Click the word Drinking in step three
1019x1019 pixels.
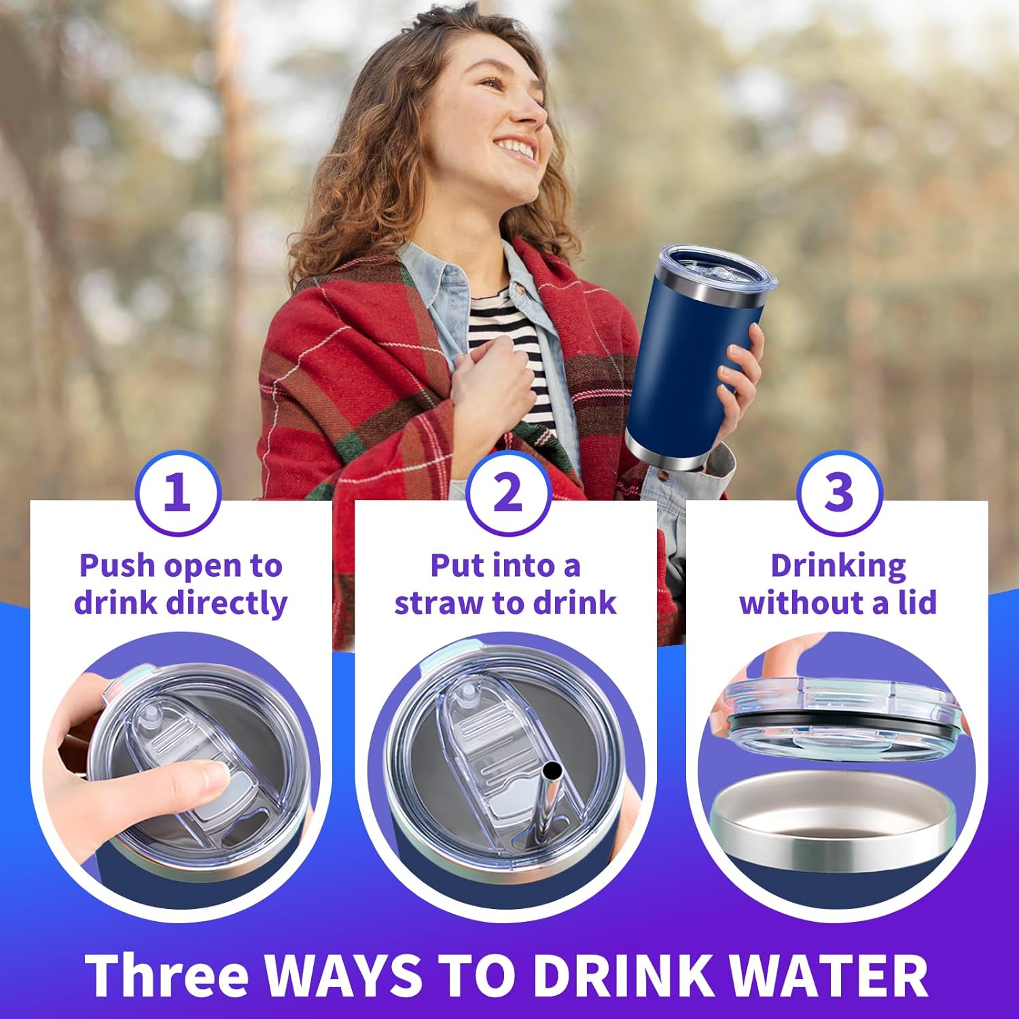(838, 567)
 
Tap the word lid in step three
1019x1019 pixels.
(917, 603)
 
